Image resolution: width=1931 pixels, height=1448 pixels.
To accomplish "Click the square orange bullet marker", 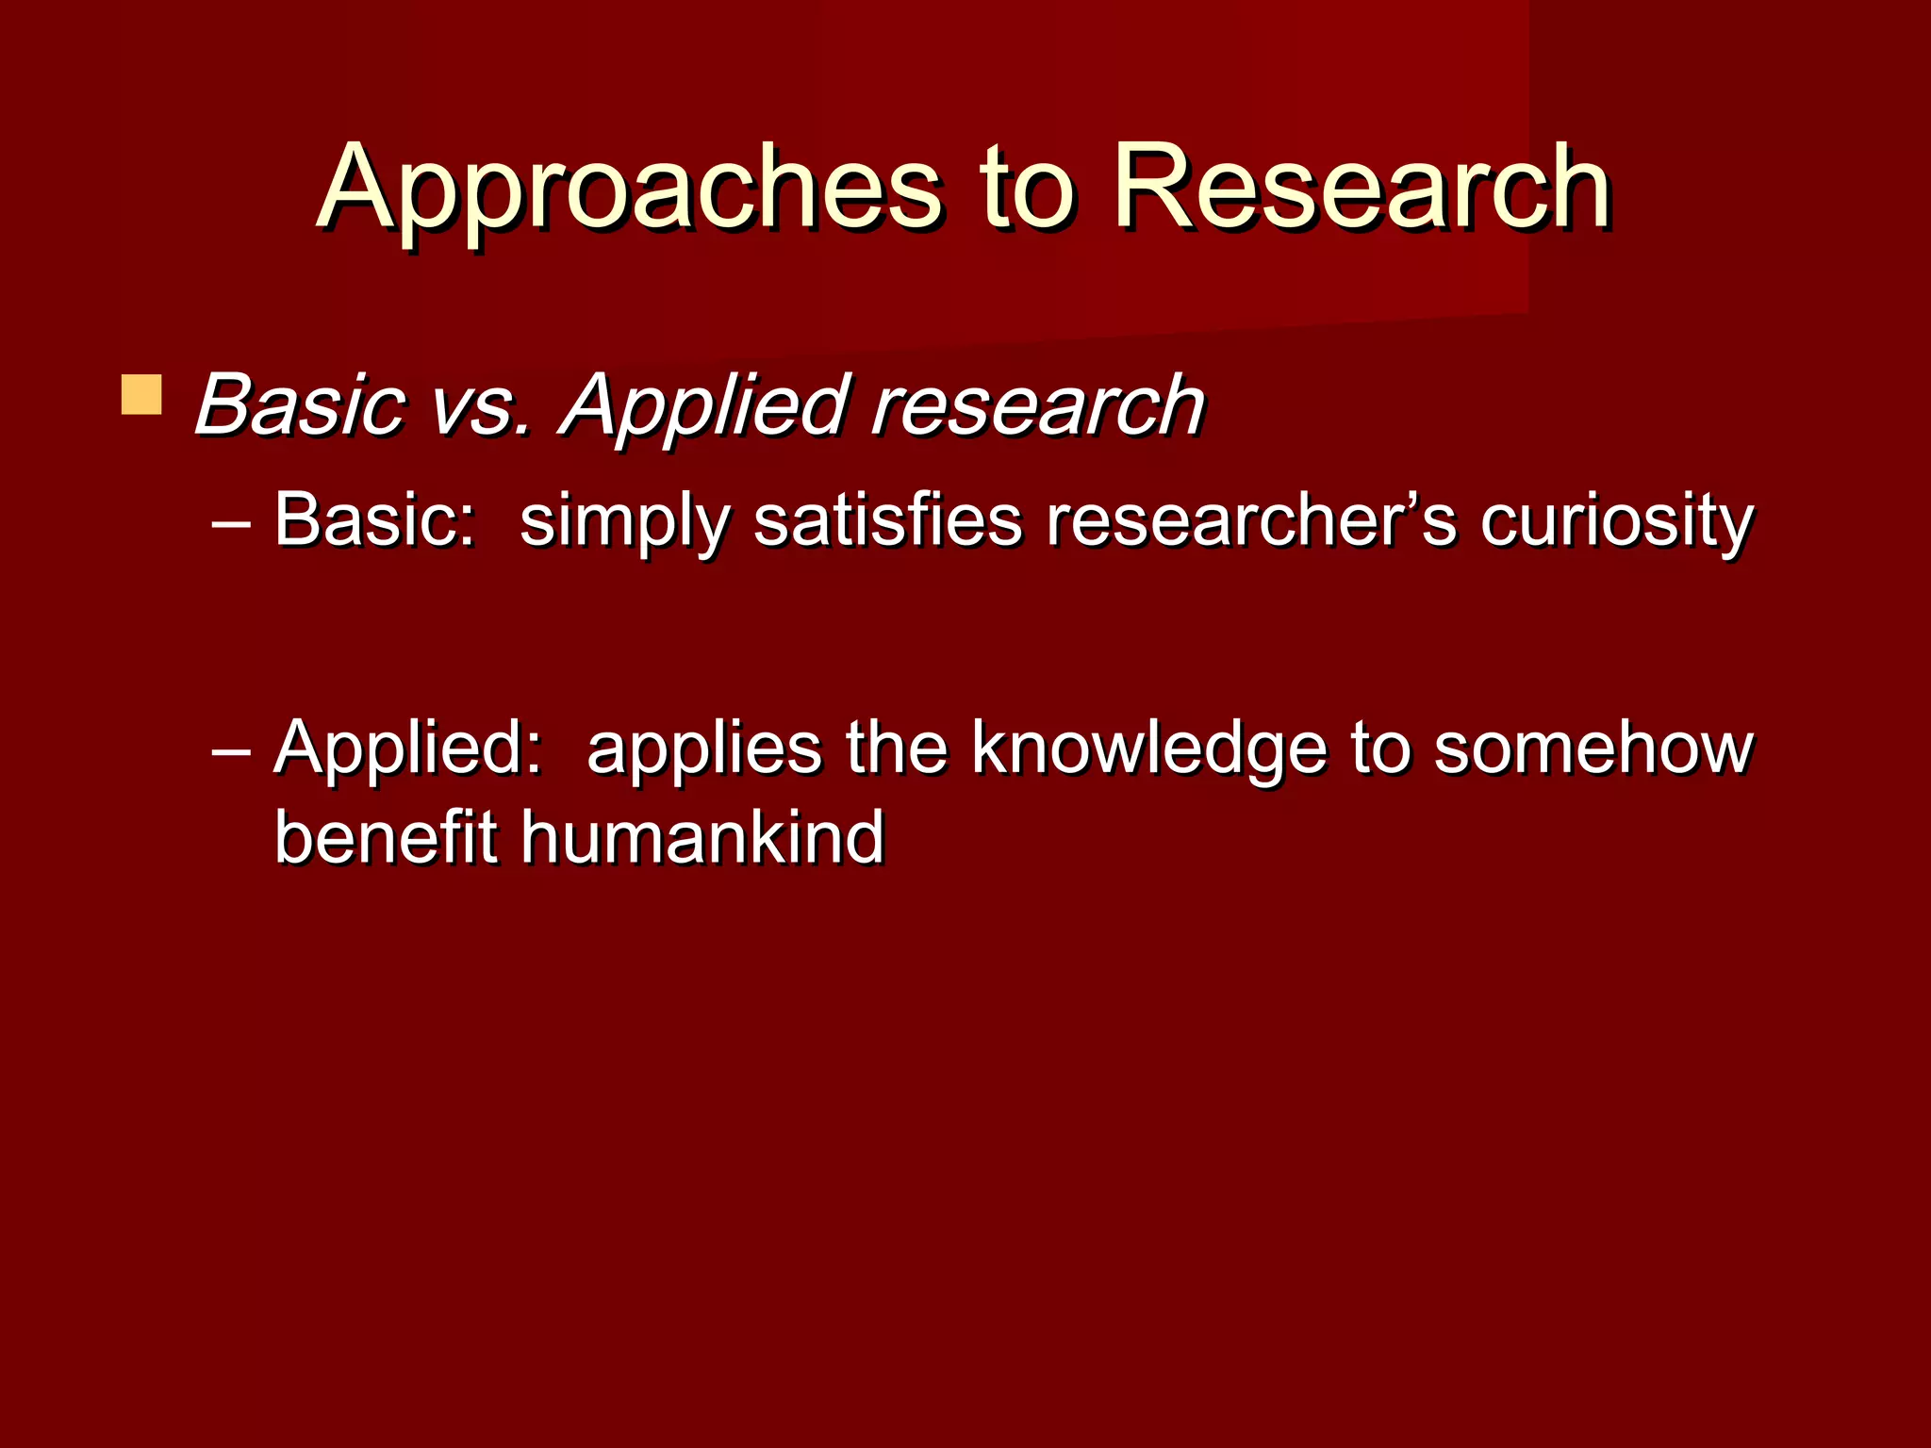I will (141, 395).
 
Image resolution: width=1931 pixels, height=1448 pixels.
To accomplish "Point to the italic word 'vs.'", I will (481, 407).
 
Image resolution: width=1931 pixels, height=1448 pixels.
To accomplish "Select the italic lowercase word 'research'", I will (1037, 407).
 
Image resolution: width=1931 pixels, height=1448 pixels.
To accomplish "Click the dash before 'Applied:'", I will (231, 749).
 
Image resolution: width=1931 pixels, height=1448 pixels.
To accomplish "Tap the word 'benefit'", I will (385, 837).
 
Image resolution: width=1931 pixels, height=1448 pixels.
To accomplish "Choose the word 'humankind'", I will (702, 837).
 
